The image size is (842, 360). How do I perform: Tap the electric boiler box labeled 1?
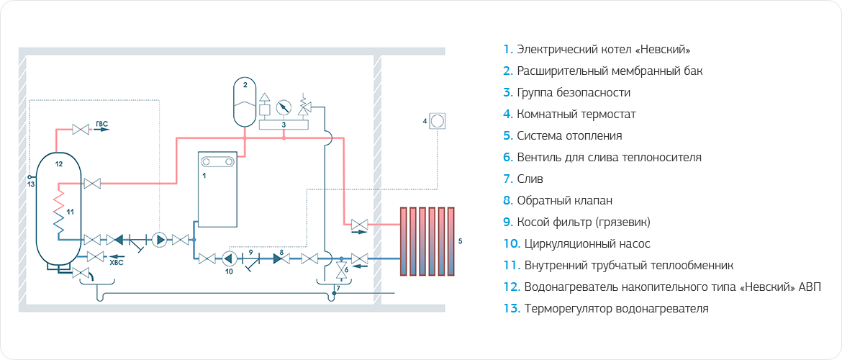tap(218, 189)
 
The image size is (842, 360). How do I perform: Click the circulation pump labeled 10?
tap(229, 258)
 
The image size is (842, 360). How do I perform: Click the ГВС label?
tap(101, 125)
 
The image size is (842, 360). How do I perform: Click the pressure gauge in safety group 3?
tap(284, 107)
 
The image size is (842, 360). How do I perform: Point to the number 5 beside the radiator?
tap(460, 238)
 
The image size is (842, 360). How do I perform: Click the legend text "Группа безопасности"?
tap(573, 93)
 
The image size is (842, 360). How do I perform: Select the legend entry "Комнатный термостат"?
tap(576, 114)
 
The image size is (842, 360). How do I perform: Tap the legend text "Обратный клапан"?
tap(564, 201)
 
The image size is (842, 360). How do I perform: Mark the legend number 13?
tap(511, 309)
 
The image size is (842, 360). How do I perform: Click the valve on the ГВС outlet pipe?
tap(79, 130)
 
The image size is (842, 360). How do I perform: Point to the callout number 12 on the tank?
tap(59, 165)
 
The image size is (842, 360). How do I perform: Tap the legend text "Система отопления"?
tap(569, 136)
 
